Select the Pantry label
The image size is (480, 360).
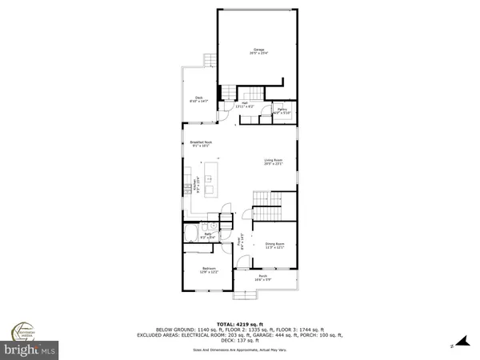[x=282, y=111]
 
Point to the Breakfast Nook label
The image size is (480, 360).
[x=199, y=145]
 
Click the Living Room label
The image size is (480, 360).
[x=275, y=162]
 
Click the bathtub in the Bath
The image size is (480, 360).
[x=191, y=234]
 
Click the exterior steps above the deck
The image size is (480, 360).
[x=210, y=61]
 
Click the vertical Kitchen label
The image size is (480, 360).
[x=194, y=186]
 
